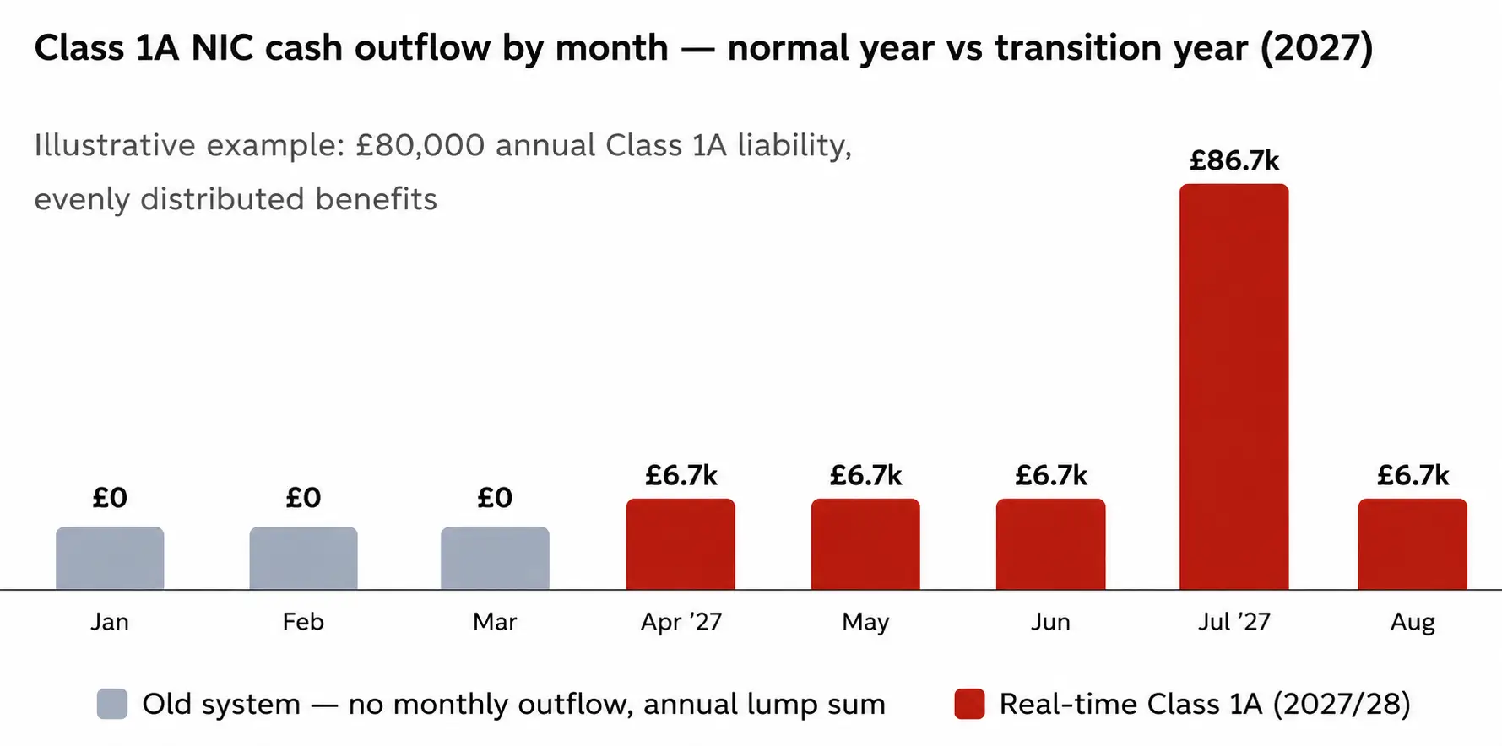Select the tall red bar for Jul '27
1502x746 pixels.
(1234, 387)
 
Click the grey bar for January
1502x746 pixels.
(110, 558)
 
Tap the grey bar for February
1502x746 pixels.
(303, 558)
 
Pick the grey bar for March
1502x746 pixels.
(495, 558)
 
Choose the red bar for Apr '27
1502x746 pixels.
(681, 544)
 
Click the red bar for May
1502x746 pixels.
(865, 544)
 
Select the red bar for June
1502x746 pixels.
(1050, 544)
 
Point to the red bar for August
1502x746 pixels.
(1413, 544)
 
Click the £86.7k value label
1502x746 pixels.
(1234, 160)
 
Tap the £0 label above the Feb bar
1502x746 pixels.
(303, 498)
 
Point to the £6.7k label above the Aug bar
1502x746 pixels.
(1413, 475)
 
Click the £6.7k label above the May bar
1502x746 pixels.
(865, 475)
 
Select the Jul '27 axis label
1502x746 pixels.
(1234, 622)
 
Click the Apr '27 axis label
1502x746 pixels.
(681, 623)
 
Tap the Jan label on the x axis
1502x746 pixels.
(110, 622)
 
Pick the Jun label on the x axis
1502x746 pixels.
(1050, 622)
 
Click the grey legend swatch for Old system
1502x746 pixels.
(112, 704)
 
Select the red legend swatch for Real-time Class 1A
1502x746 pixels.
(969, 704)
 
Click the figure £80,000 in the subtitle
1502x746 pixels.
(420, 146)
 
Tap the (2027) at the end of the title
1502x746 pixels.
(1316, 48)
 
